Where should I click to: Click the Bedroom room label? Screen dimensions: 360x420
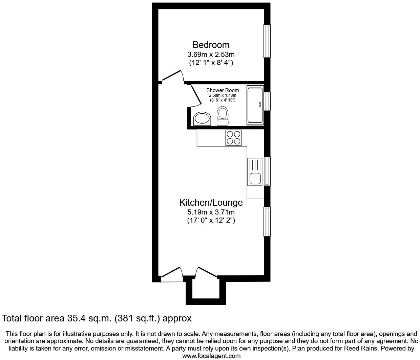[211, 45]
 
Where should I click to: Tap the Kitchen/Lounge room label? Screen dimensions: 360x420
[211, 202]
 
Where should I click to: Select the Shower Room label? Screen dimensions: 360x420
[223, 90]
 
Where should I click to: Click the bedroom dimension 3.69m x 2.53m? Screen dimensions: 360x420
[211, 54]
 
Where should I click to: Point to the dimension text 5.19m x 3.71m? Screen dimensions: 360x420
[211, 212]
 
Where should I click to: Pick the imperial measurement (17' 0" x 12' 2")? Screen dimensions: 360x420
[211, 221]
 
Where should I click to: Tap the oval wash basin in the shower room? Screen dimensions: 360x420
[202, 119]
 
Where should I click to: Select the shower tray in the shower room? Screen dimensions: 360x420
[255, 105]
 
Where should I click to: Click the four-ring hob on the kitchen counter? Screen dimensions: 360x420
[233, 138]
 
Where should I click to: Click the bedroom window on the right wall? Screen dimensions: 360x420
[267, 41]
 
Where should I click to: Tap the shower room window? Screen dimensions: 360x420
[267, 101]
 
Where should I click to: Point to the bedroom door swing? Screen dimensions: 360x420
[173, 76]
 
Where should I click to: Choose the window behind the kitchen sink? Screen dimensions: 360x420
[267, 171]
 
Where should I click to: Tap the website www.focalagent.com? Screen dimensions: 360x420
[211, 356]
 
